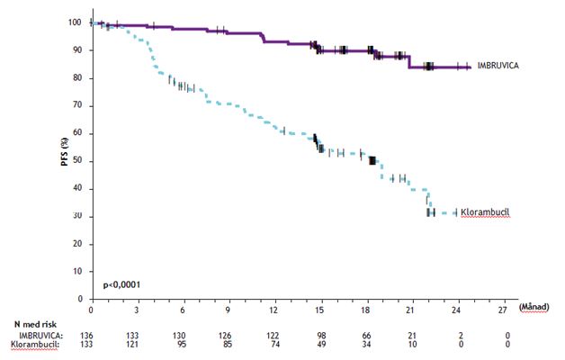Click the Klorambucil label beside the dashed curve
click(489, 211)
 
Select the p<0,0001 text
click(121, 285)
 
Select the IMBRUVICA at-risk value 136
click(92, 334)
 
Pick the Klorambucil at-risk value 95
click(183, 343)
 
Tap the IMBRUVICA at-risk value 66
click(365, 334)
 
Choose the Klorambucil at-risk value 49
click(319, 343)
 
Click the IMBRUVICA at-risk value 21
click(411, 334)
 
